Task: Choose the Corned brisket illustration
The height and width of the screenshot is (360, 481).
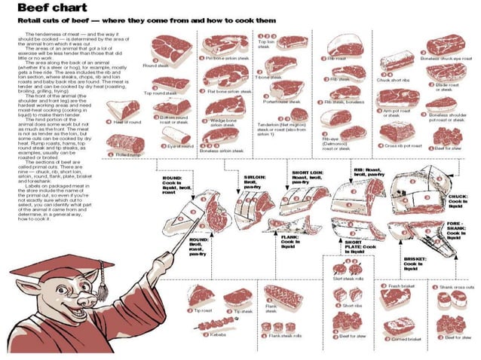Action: (x=399, y=324)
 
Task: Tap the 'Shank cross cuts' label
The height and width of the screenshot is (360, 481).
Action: (x=458, y=287)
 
